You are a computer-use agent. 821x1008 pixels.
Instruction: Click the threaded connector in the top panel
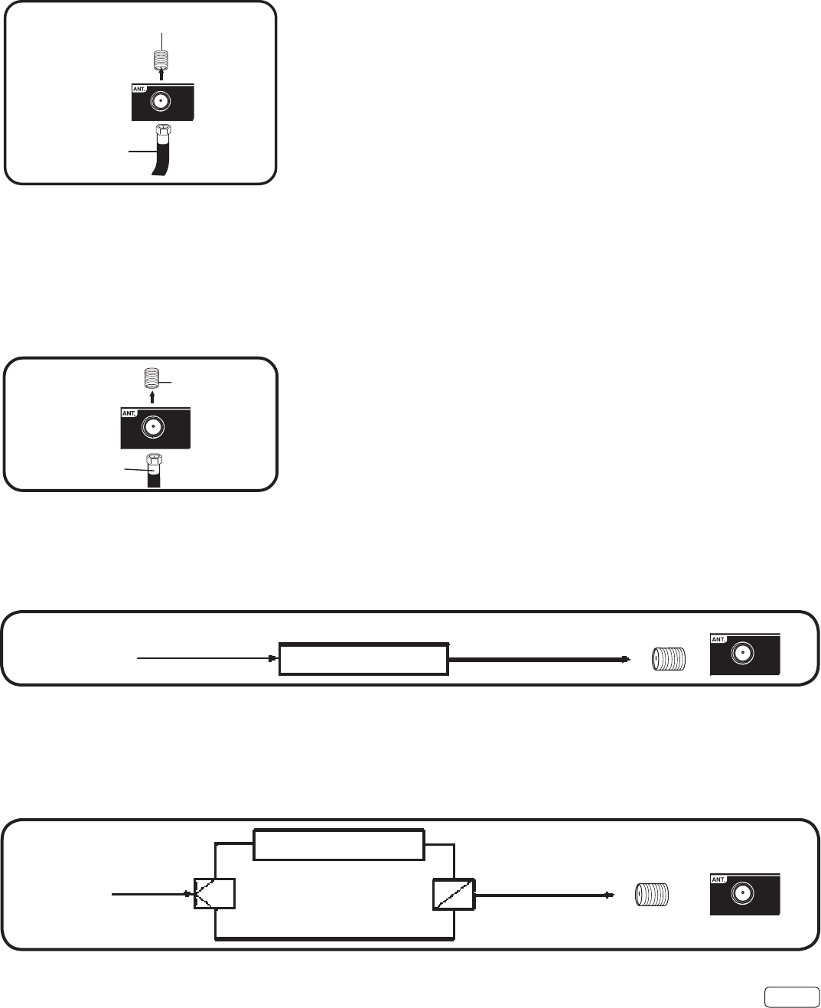(161, 57)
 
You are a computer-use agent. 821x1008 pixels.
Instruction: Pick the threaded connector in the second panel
(153, 378)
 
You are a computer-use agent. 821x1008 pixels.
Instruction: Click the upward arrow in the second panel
(153, 397)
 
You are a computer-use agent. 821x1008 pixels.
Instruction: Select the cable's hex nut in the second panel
(154, 460)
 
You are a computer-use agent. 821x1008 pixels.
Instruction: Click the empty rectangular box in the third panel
(363, 659)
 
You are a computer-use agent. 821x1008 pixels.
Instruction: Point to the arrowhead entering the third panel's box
(272, 657)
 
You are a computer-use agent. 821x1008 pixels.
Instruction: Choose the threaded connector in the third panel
(668, 659)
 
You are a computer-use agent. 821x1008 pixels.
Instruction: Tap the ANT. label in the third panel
(718, 638)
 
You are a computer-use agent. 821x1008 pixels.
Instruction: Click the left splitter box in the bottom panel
(215, 893)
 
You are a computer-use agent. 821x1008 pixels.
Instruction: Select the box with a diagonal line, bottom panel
(453, 893)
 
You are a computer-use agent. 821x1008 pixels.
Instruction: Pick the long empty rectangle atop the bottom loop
(338, 844)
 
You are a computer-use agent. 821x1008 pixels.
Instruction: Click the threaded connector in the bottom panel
(653, 893)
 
